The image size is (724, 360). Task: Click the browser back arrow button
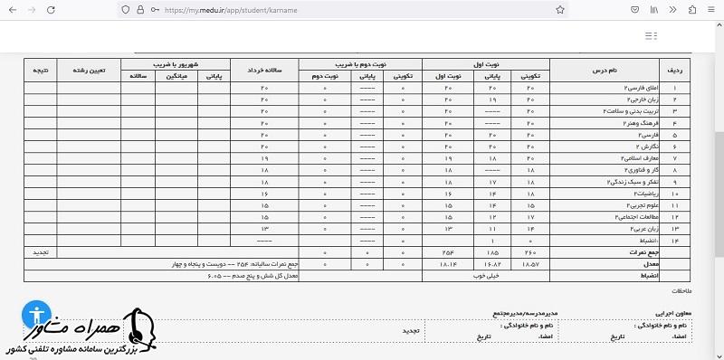(x=12, y=9)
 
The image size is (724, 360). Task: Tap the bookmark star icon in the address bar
(x=561, y=9)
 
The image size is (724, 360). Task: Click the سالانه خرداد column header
(x=264, y=70)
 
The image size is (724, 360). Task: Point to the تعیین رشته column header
(x=89, y=70)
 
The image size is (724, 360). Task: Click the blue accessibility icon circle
(x=37, y=313)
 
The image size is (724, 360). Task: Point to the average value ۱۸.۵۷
(x=531, y=264)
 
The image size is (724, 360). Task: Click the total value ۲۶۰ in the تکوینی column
(x=531, y=252)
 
